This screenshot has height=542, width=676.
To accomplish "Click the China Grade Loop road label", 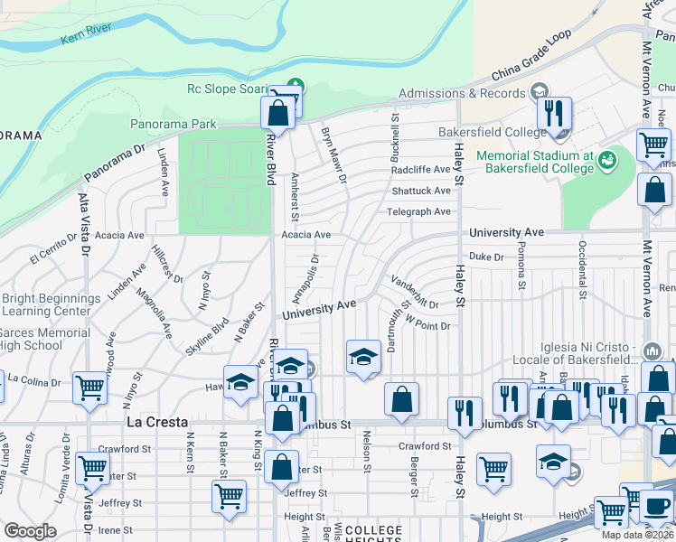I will tap(532, 59).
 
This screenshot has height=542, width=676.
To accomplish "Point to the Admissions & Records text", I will tap(462, 93).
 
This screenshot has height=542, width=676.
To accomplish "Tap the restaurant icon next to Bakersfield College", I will tap(553, 114).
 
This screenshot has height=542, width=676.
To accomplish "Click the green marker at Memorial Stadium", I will tap(606, 161).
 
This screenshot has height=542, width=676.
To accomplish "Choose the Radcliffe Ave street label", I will tap(420, 170).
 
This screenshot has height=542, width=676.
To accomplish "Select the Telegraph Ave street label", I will tap(420, 212).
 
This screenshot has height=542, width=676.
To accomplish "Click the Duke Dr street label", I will tap(486, 257).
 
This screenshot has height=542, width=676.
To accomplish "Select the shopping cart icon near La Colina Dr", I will tap(89, 388).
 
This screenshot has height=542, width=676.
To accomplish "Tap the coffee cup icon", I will tap(657, 507).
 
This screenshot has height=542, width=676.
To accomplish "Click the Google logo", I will tap(30, 531).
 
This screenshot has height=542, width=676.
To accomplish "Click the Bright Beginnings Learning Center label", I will tap(51, 304).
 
